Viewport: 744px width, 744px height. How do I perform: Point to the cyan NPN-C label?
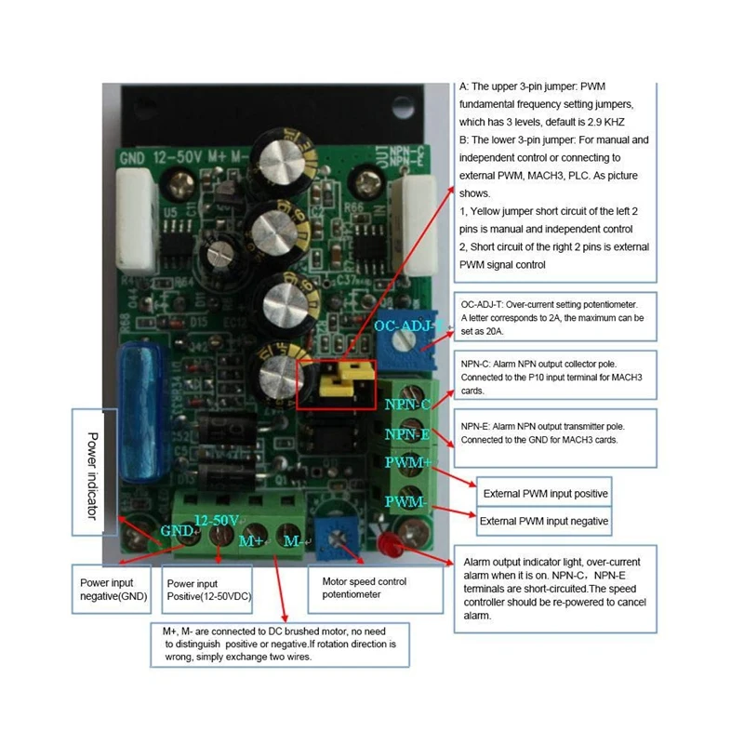[406, 405]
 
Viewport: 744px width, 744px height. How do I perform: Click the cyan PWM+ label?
[408, 462]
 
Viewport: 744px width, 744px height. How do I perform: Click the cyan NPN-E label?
[406, 433]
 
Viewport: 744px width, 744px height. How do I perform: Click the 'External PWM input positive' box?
[544, 493]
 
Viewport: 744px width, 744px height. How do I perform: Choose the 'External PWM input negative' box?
[544, 522]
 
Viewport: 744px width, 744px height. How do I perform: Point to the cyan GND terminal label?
[177, 530]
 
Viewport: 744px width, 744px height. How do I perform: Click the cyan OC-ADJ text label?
[403, 327]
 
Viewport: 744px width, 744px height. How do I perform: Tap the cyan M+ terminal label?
[253, 540]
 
